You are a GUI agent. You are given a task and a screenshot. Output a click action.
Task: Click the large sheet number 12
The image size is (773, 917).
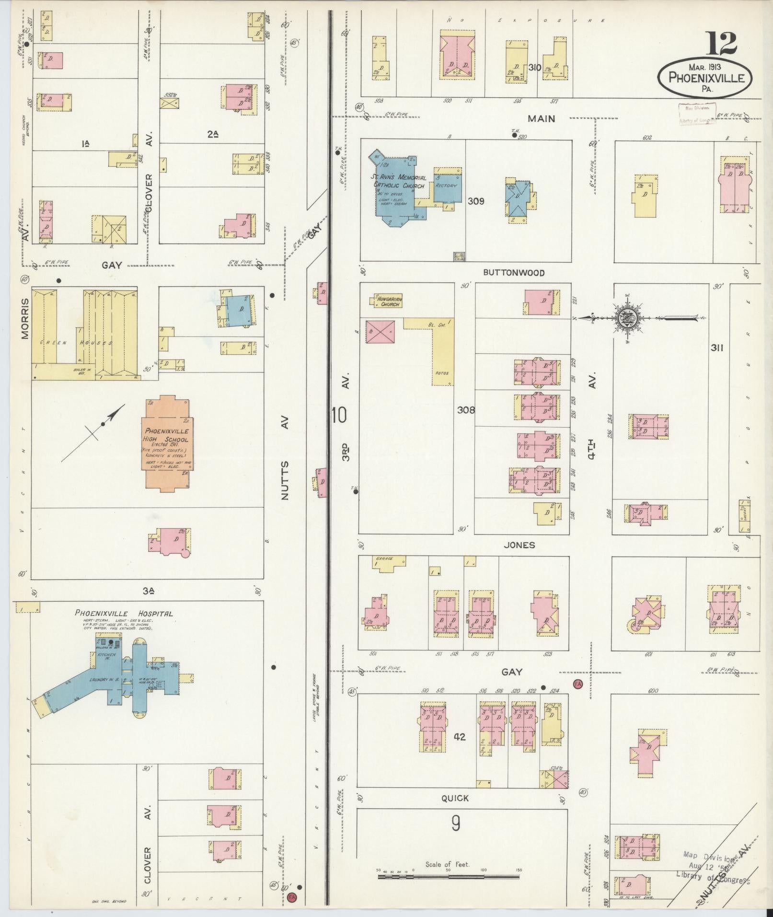click(x=720, y=44)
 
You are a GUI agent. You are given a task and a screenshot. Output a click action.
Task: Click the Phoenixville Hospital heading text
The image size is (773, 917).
click(x=124, y=613)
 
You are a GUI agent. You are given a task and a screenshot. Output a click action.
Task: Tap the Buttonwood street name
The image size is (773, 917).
click(x=514, y=273)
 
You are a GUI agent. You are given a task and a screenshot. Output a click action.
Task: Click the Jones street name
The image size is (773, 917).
click(x=519, y=545)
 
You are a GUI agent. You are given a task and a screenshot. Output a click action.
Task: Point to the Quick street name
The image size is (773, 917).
click(x=455, y=798)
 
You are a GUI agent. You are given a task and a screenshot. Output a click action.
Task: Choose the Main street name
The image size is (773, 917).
click(x=541, y=118)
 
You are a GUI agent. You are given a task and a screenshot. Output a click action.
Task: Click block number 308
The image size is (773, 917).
click(x=466, y=410)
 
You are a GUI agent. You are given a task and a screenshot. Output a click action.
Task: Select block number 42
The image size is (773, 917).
click(x=459, y=737)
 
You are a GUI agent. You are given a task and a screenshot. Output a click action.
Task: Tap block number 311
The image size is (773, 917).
click(x=716, y=348)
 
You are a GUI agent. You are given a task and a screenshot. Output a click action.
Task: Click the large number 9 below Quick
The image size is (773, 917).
click(x=455, y=824)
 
